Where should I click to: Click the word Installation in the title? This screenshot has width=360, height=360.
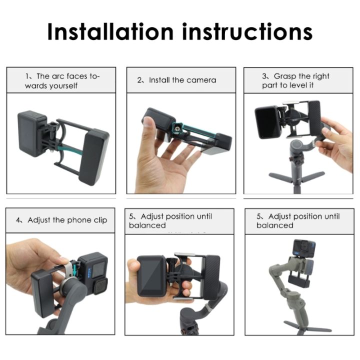110,31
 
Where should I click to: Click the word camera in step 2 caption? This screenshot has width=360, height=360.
201,80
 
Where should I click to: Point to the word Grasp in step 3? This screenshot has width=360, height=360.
285,76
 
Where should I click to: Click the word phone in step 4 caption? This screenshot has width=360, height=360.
80,220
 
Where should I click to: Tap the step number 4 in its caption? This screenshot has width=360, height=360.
18,220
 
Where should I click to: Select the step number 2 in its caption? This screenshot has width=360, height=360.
140,80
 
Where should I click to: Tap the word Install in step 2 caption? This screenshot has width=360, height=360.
158,80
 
